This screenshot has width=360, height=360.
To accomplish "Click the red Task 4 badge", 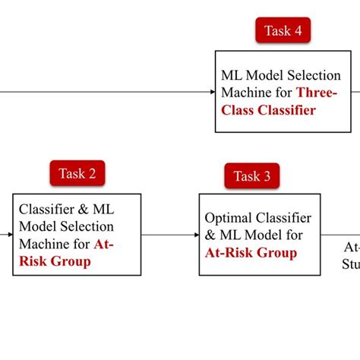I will coord(283,31).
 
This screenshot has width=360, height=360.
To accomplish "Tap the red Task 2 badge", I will coord(77,173).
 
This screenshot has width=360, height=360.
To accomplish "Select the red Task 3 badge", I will coord(251,176).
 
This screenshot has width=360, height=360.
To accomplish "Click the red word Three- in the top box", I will coord(318,93).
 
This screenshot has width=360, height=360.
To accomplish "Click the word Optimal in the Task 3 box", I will coord(228,218).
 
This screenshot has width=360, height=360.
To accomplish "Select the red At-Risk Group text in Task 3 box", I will coord(251,252).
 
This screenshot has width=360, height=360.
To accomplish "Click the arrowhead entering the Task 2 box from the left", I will coord(10,235).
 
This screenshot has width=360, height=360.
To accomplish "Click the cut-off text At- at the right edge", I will coord(351,248).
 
